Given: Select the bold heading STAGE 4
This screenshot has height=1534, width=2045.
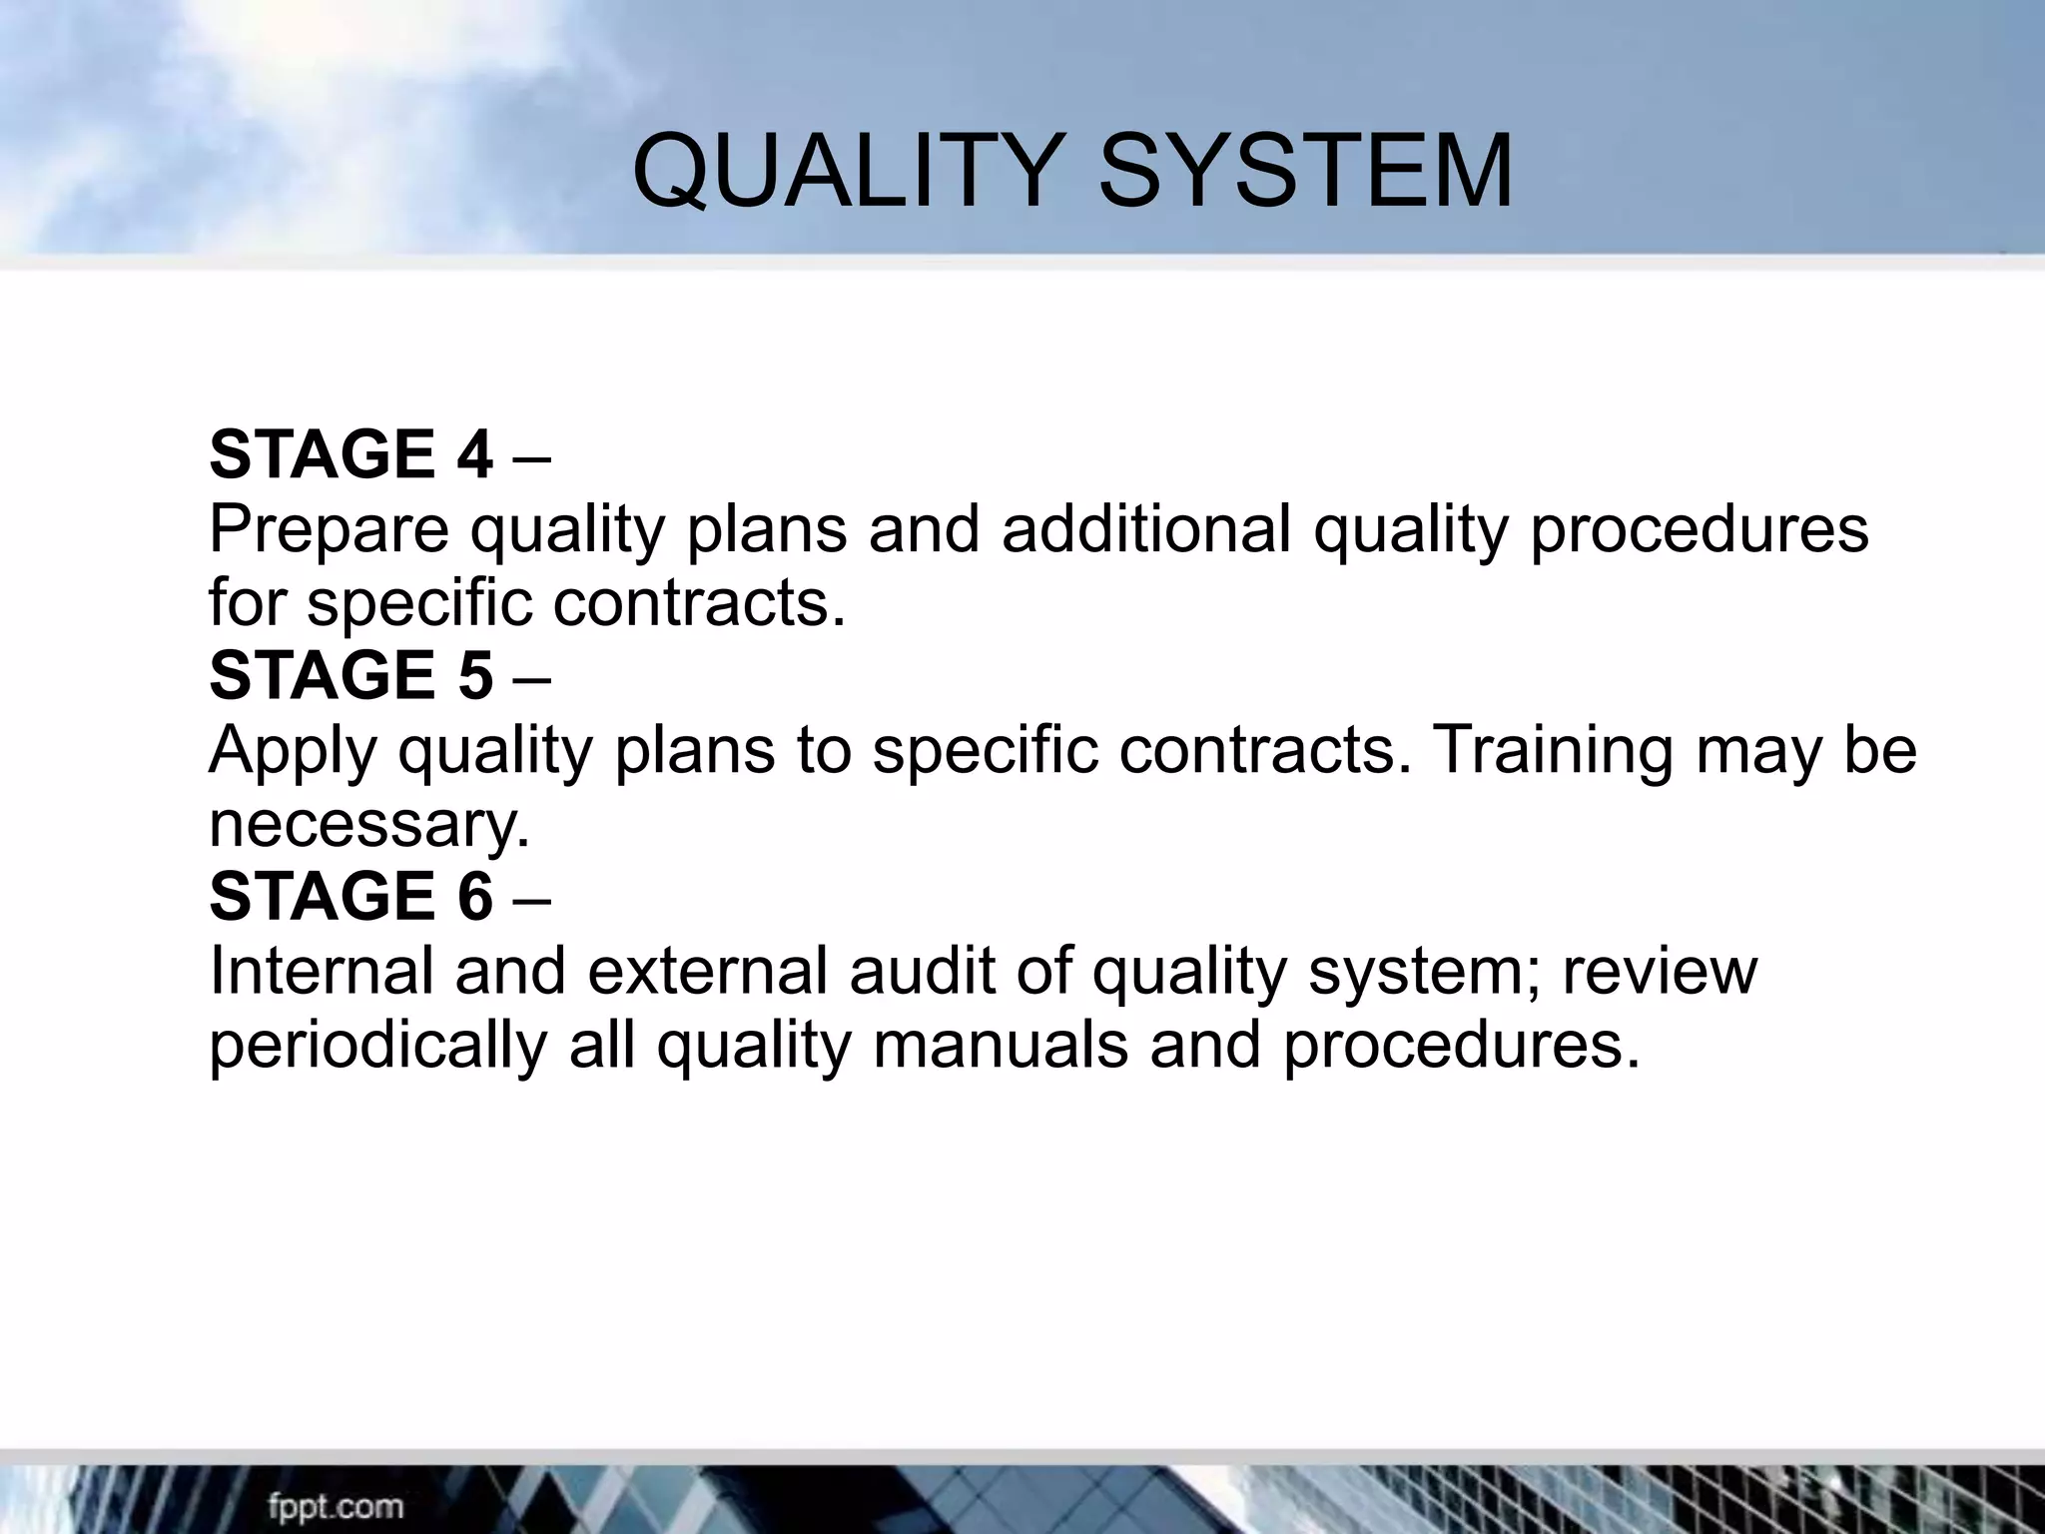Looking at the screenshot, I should tap(350, 454).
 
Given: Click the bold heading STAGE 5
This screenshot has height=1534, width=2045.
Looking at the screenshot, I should tap(350, 675).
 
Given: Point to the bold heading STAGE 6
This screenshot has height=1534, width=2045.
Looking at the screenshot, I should tap(350, 896).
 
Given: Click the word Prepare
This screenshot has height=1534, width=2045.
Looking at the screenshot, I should tap(329, 531).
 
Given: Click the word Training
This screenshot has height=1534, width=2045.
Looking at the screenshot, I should tap(1553, 752).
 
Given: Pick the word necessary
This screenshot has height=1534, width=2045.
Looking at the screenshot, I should tap(368, 825).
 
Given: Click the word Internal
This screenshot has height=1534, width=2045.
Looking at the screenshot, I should tap(321, 971).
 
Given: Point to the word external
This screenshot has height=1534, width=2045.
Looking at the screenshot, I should tap(708, 971).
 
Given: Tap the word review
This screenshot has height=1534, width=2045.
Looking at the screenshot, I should tap(1660, 971).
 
